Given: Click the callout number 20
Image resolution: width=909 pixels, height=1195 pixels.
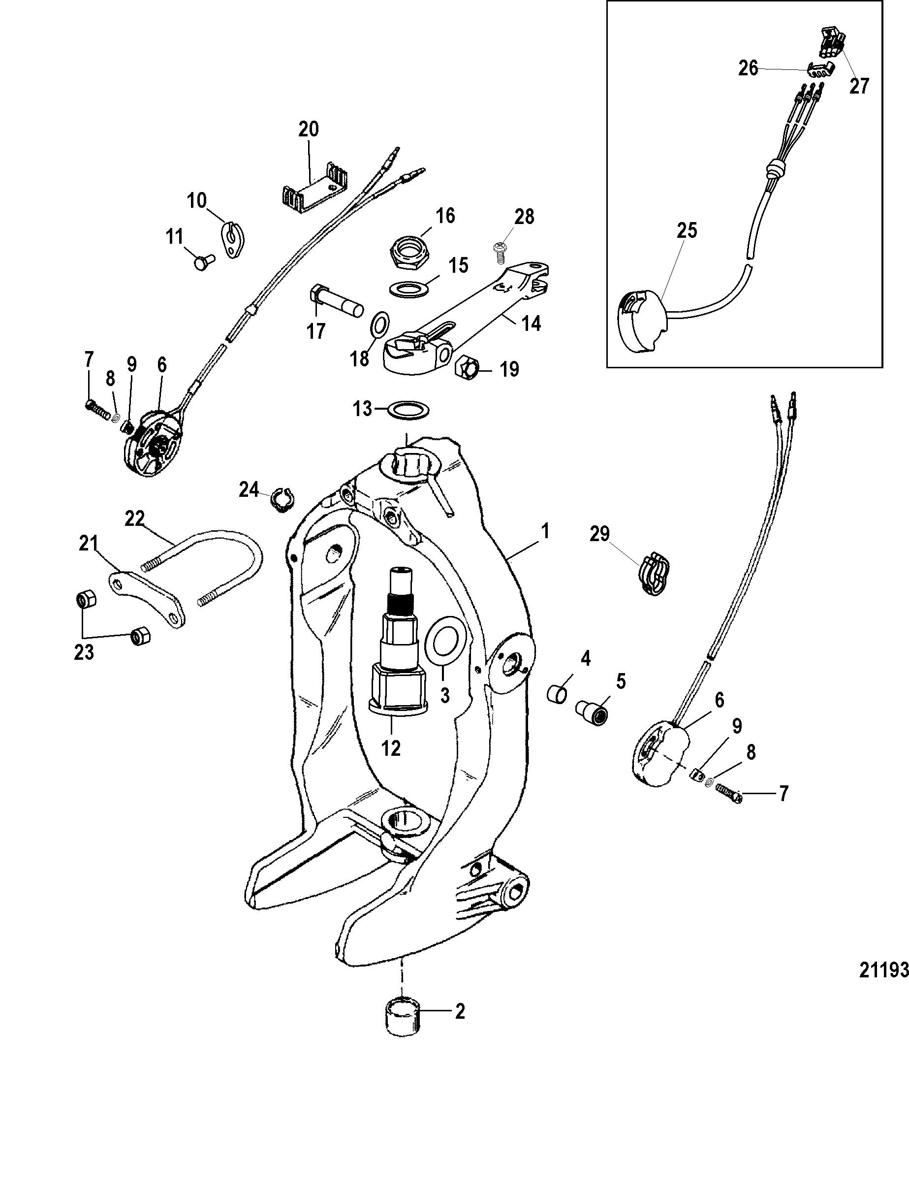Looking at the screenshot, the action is pyautogui.click(x=309, y=129).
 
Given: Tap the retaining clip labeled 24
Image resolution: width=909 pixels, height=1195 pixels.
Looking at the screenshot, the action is pyautogui.click(x=282, y=497).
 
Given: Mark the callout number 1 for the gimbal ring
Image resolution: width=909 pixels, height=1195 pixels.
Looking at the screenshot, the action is pyautogui.click(x=545, y=531).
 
